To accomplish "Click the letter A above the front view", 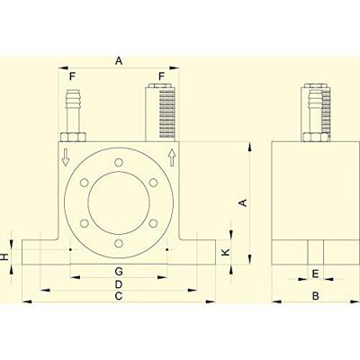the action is [x=119, y=61].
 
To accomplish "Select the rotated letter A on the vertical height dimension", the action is [x=244, y=202].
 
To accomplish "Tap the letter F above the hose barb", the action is [x=72, y=76].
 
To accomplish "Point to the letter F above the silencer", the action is [x=162, y=76].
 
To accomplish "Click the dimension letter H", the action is [x=4, y=256].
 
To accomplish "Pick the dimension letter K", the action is [x=226, y=252].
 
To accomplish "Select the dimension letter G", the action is [x=119, y=272].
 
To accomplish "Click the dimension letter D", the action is [x=119, y=283].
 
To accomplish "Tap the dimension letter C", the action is [x=119, y=296].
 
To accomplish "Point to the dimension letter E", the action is [x=315, y=274].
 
